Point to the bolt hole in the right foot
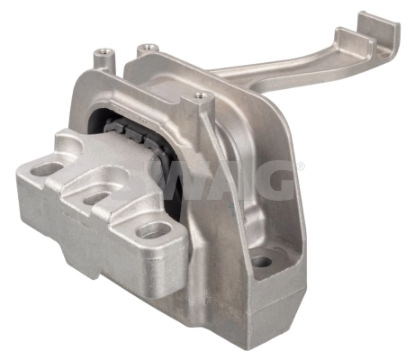(x=261, y=263)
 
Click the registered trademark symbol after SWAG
(x=300, y=167)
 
